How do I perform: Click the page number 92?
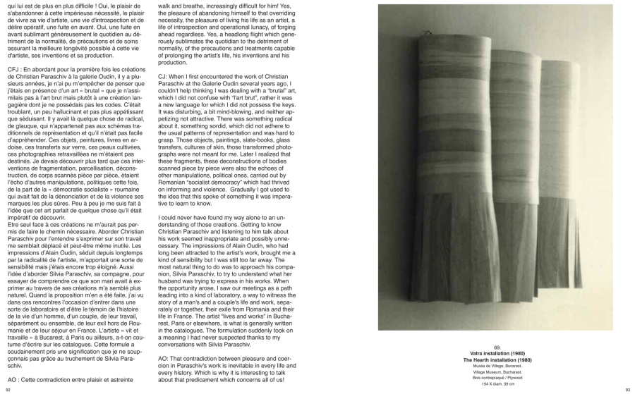8,388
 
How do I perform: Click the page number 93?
627,388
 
